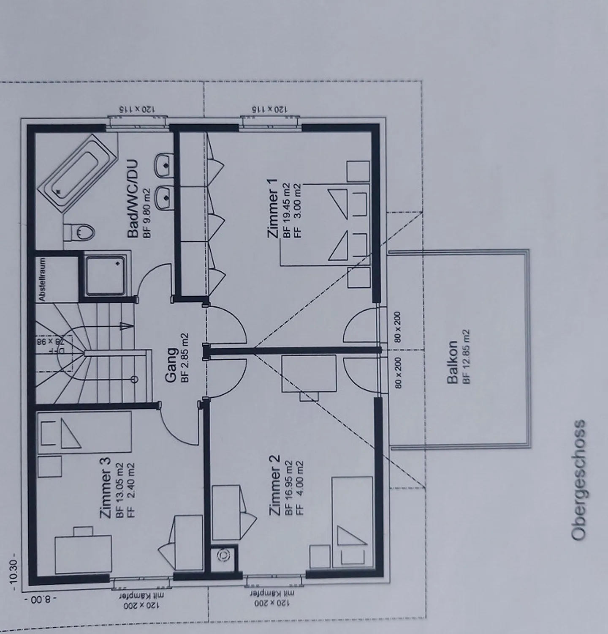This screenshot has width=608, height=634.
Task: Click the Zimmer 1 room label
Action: click(273, 208)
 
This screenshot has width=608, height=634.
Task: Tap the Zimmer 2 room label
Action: click(274, 485)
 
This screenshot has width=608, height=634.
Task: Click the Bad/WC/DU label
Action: click(133, 198)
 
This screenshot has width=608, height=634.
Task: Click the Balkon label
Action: click(452, 362)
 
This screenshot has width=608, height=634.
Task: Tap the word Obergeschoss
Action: click(578, 479)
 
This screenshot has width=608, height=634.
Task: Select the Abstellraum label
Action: click(42, 279)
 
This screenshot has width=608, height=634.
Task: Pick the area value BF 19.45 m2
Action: click(287, 210)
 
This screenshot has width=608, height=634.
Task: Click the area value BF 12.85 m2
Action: click(466, 356)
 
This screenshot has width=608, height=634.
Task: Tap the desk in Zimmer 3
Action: click(83, 554)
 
